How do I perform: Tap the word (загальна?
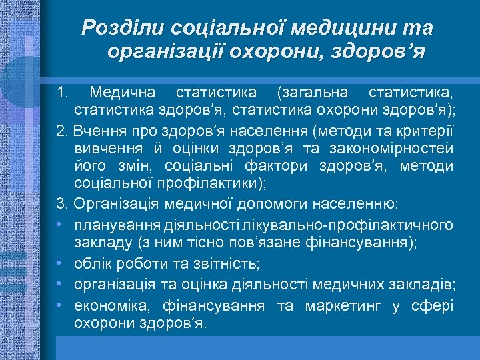coord(311,90)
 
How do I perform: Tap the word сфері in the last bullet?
coord(433,306)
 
